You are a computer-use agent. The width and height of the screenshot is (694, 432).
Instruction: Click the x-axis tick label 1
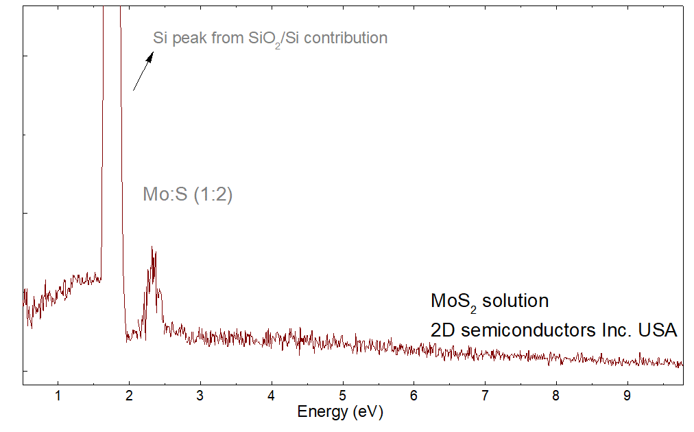tap(58, 396)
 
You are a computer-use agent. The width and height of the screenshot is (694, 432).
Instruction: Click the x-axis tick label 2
tap(130, 396)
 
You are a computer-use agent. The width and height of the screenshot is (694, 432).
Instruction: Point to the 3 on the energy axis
tap(200, 396)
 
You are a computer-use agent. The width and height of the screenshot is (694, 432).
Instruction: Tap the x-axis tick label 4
tap(272, 396)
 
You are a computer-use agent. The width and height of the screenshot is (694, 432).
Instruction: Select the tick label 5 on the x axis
tap(343, 396)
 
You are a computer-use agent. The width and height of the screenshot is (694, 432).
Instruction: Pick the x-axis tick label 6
tap(414, 396)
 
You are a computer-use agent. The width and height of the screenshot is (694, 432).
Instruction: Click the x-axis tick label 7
tap(485, 396)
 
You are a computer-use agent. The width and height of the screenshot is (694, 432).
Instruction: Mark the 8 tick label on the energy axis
tap(556, 396)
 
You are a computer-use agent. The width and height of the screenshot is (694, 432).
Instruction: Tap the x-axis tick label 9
tap(627, 396)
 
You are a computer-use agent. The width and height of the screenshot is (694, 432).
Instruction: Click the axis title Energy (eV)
tap(339, 412)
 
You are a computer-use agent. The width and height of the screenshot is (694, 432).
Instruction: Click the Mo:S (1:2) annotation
tap(188, 195)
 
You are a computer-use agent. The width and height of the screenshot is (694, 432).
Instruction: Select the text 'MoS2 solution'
tap(490, 302)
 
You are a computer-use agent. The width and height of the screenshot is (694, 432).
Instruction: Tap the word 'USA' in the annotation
tap(658, 330)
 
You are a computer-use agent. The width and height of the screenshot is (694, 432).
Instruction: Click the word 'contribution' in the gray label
tap(346, 38)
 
